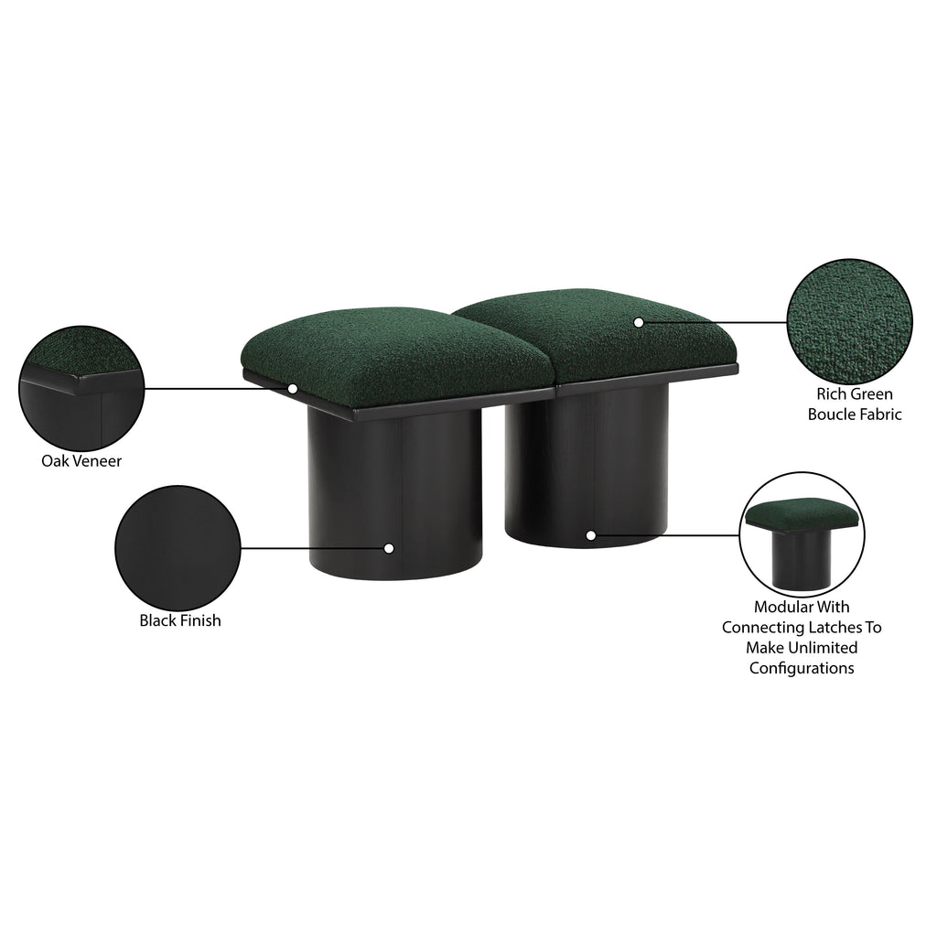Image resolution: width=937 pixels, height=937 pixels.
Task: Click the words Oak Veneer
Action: click(81, 461)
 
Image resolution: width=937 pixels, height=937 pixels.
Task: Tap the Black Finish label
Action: click(180, 620)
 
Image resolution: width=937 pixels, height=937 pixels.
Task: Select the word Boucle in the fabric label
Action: click(830, 415)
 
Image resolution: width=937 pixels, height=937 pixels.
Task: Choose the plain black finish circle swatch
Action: click(178, 548)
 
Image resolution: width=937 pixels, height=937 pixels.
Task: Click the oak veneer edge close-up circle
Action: click(81, 388)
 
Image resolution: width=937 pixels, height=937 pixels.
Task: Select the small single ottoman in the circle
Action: click(802, 542)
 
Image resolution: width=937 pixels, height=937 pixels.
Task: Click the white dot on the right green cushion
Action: click(638, 322)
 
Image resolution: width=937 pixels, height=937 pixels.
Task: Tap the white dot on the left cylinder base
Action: click(388, 548)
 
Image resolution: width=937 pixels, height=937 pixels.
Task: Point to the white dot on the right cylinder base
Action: click(590, 535)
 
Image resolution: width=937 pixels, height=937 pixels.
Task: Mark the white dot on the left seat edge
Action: click(292, 388)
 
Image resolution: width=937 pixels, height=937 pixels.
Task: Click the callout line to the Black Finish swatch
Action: click(312, 548)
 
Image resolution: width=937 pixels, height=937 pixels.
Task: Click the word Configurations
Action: click(802, 667)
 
